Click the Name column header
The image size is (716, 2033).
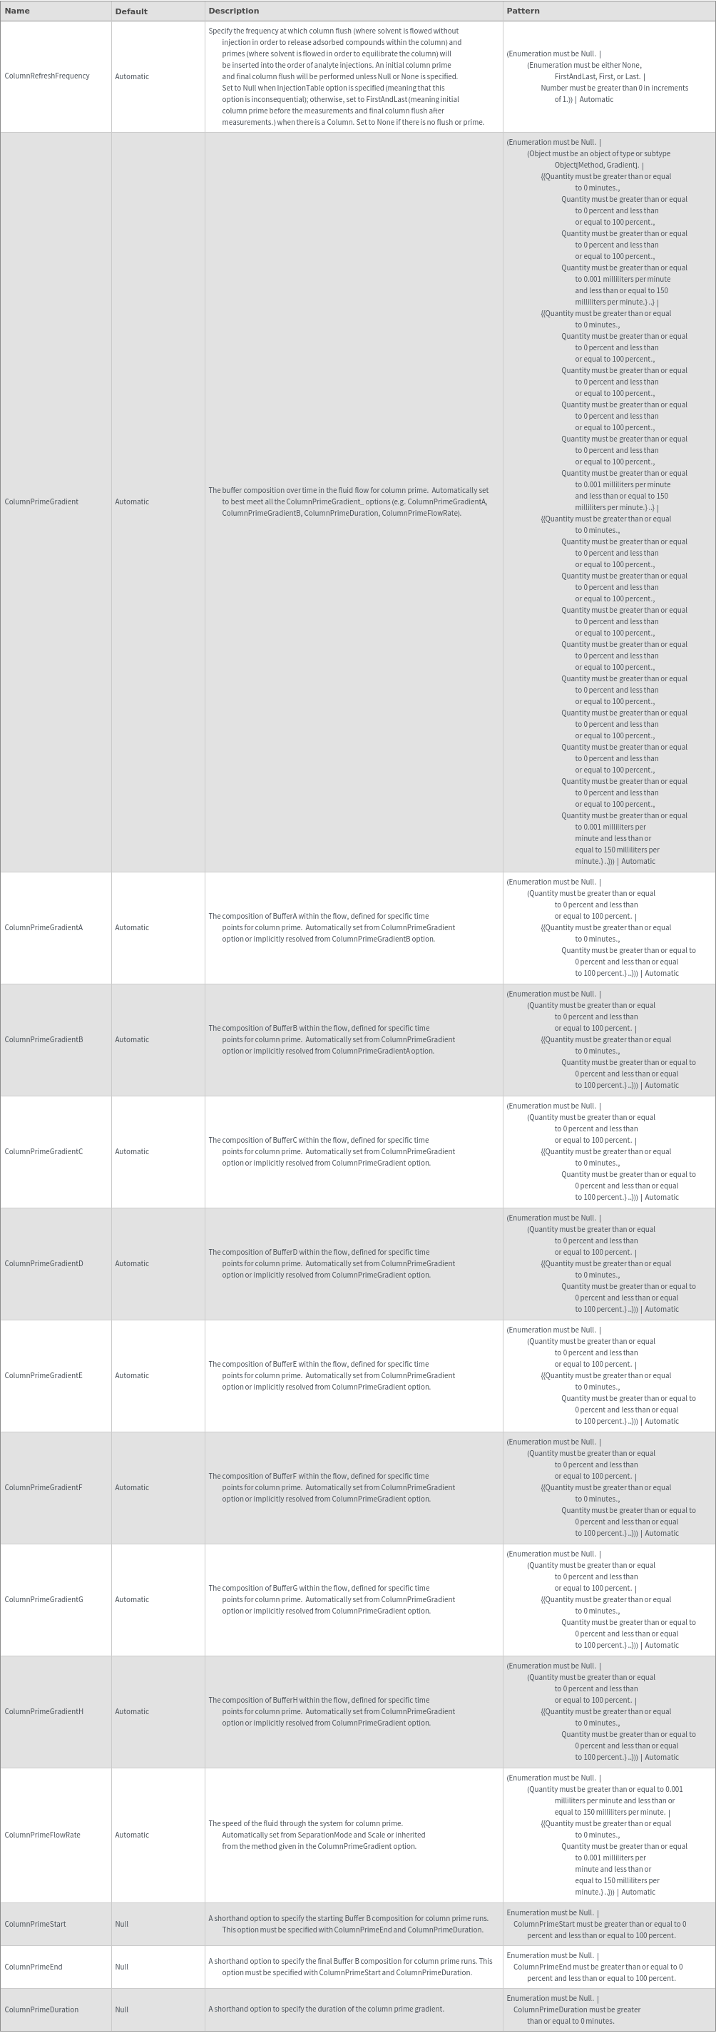17,11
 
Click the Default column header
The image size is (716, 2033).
131,11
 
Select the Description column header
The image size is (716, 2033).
234,11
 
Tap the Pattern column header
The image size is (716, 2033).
523,11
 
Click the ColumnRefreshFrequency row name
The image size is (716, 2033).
47,76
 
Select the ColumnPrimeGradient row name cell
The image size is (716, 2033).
42,502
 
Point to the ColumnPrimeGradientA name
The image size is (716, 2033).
44,927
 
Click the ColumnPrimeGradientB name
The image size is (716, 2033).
44,1039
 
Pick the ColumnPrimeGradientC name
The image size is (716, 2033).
44,1151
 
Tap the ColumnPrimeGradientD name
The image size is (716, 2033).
44,1263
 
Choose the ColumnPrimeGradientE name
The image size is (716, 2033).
44,1375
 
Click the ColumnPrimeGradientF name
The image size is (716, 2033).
44,1488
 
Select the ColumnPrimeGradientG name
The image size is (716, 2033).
44,1600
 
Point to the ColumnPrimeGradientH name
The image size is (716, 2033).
44,1712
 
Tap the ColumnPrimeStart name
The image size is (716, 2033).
36,1924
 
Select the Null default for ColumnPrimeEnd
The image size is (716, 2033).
121,1967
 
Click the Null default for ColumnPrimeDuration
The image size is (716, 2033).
121,2009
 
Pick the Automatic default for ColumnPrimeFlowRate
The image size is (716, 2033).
132,1835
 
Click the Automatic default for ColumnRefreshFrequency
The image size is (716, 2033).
132,76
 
